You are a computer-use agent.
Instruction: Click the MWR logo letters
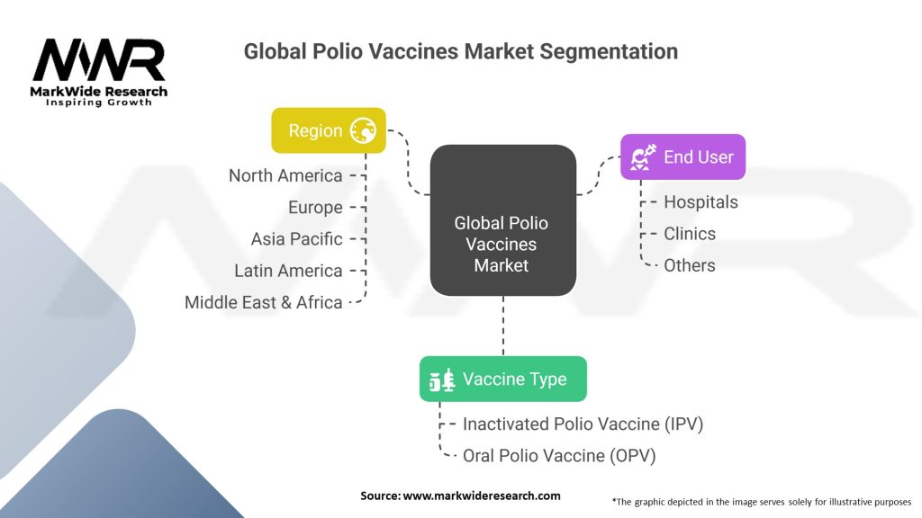tap(99, 61)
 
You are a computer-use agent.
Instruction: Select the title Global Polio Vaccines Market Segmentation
tap(460, 51)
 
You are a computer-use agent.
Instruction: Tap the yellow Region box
tap(329, 130)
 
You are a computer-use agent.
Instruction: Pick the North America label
tap(285, 175)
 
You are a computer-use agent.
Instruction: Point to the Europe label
tap(315, 207)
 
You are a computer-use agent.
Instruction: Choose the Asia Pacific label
tap(296, 238)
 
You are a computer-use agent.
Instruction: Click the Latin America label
tap(288, 270)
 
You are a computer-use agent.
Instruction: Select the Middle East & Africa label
tap(263, 302)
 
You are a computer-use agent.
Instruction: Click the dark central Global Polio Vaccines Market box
tap(502, 220)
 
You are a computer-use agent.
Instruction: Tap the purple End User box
tap(682, 156)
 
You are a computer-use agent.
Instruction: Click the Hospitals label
tap(701, 201)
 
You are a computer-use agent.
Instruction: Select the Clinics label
tap(690, 233)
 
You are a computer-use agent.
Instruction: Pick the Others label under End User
tap(690, 265)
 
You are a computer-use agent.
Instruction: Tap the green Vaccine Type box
tap(502, 379)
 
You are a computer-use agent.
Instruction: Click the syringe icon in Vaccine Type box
tap(441, 380)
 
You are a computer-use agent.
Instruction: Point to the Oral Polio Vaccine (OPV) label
tap(559, 455)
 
